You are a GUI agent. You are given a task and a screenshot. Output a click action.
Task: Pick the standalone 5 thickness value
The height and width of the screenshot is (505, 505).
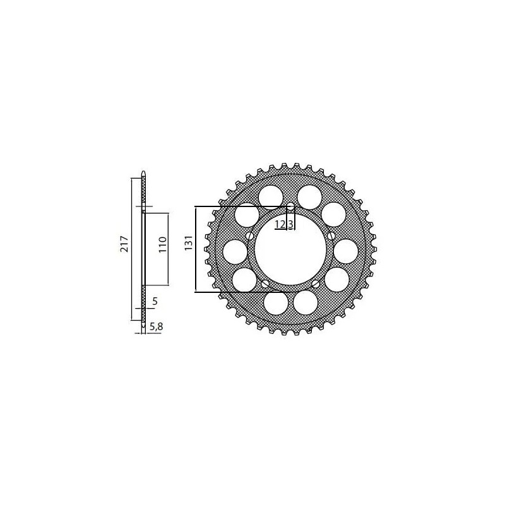[155, 302]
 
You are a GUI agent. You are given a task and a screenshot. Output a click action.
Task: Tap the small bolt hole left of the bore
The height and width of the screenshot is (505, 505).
[251, 236]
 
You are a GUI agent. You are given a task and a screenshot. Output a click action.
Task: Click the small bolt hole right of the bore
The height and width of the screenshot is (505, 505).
[332, 235]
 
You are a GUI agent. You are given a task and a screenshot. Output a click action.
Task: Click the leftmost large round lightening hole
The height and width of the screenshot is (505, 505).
[235, 252]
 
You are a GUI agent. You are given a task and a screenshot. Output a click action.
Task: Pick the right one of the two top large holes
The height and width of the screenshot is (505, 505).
[309, 196]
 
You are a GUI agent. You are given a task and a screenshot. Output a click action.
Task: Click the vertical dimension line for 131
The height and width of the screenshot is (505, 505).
[195, 249]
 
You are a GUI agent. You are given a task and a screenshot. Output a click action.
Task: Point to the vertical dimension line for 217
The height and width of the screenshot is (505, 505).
[131, 249]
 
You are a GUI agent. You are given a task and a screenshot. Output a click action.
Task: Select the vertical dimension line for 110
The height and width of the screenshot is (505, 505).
[169, 249]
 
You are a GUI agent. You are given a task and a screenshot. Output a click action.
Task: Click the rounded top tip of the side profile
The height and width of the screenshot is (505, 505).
[144, 173]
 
